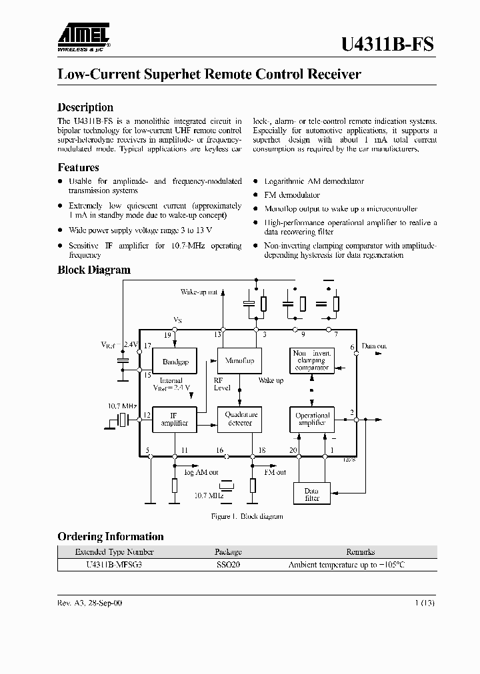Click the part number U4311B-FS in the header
387,44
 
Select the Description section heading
85,107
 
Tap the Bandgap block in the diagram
175,362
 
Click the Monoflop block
240,361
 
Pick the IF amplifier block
175,419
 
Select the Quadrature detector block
240,419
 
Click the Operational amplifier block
312,419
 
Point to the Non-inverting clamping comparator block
312,361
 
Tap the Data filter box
312,494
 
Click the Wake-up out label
199,292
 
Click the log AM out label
201,472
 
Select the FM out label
275,472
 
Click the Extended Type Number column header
114,551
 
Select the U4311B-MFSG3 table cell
114,564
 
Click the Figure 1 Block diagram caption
247,516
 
